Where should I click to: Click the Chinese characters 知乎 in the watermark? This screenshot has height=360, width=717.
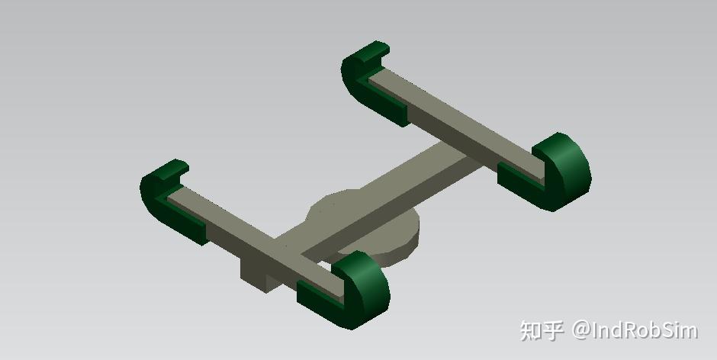[x=542, y=330]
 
